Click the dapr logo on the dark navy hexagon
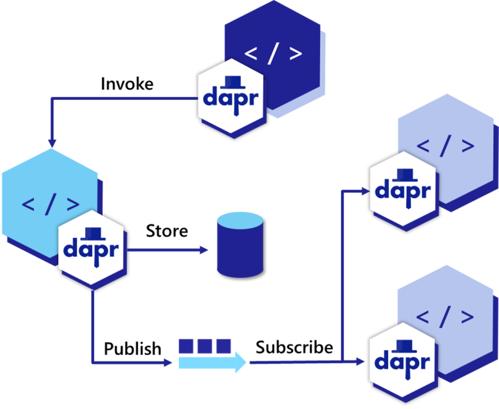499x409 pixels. click(x=231, y=96)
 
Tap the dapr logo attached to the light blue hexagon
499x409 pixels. click(x=91, y=247)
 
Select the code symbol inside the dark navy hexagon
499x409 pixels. click(x=273, y=54)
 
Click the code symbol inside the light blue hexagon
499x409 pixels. click(x=50, y=204)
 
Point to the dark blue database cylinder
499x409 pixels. click(x=240, y=250)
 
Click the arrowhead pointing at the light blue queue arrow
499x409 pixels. click(x=168, y=362)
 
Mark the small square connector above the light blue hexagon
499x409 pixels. click(x=52, y=141)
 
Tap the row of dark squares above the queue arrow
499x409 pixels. click(x=205, y=345)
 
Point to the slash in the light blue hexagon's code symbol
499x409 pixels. click(x=50, y=204)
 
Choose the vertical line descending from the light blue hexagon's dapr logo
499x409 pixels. click(x=92, y=325)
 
